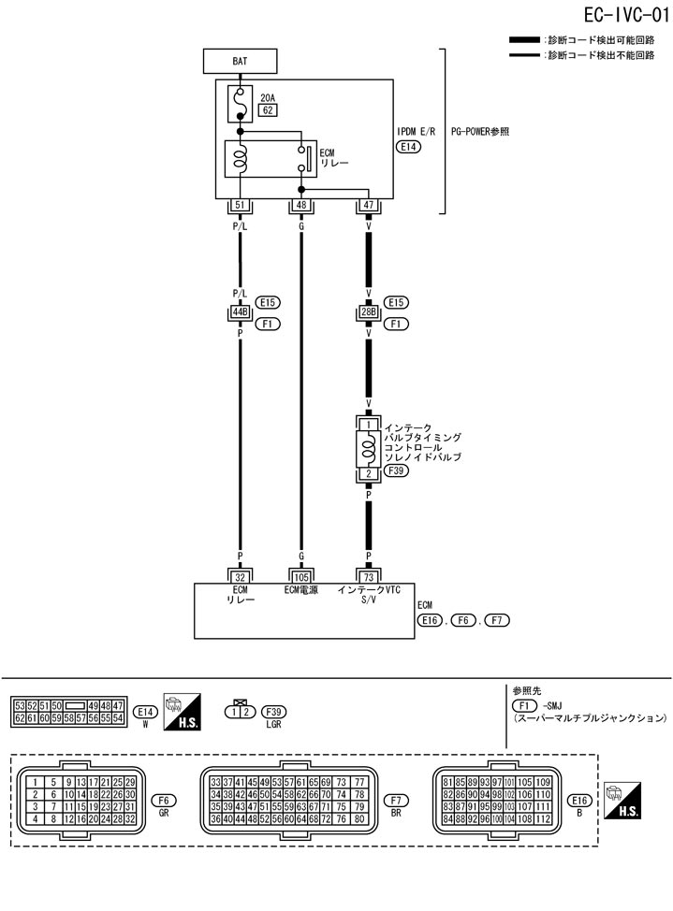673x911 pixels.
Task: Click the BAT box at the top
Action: (240, 62)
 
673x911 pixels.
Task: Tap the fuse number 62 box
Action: (268, 110)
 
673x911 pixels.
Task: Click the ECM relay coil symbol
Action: (241, 158)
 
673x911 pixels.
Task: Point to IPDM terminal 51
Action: (241, 205)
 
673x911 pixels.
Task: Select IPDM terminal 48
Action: (301, 205)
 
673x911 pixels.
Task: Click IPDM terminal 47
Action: (367, 205)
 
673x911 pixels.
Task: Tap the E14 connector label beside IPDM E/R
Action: (409, 147)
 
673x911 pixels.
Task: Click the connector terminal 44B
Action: (241, 312)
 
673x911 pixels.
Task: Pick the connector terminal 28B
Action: (367, 312)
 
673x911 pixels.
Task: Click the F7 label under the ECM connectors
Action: (396, 800)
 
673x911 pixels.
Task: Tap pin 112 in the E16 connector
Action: (543, 819)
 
